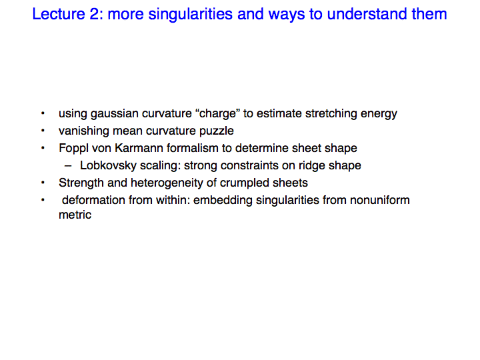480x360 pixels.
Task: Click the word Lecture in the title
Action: click(x=59, y=14)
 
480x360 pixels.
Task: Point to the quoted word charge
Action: click(x=217, y=113)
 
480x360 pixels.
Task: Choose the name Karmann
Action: click(x=139, y=148)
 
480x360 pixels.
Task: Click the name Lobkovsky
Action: click(x=108, y=165)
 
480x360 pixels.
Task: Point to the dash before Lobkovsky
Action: click(x=68, y=166)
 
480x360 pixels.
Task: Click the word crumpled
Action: click(x=244, y=183)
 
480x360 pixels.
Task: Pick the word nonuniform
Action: click(x=380, y=200)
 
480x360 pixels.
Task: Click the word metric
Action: click(x=75, y=215)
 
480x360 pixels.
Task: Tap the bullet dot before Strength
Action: click(x=43, y=183)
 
